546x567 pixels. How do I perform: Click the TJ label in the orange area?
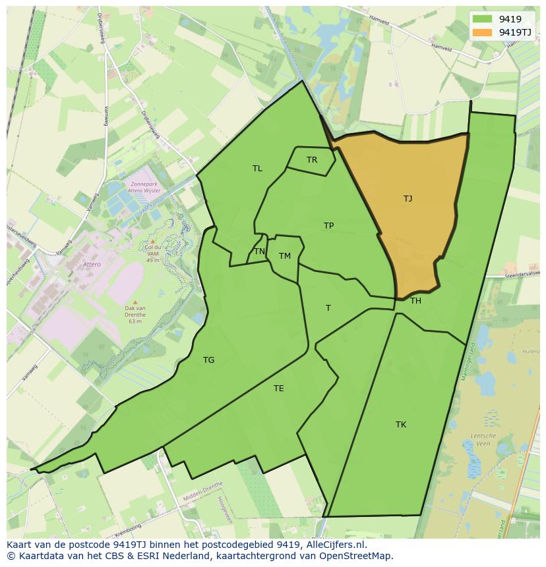click(x=408, y=198)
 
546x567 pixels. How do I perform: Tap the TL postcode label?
click(x=257, y=169)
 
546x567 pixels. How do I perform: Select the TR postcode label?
click(x=312, y=160)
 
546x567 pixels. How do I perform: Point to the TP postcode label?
click(x=328, y=226)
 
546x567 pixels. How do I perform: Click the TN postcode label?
click(x=260, y=252)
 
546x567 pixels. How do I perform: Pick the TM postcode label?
click(x=285, y=256)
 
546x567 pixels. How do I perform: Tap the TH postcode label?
click(x=415, y=301)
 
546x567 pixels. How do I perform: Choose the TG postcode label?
click(x=208, y=360)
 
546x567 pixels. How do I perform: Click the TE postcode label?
click(x=279, y=389)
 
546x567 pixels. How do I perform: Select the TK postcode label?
click(x=401, y=425)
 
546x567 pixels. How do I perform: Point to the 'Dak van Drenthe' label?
click(x=135, y=311)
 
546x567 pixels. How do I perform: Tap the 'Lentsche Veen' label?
click(x=483, y=439)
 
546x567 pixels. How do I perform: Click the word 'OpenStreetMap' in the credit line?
click(x=359, y=556)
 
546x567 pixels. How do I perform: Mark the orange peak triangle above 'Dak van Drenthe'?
click(x=135, y=302)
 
